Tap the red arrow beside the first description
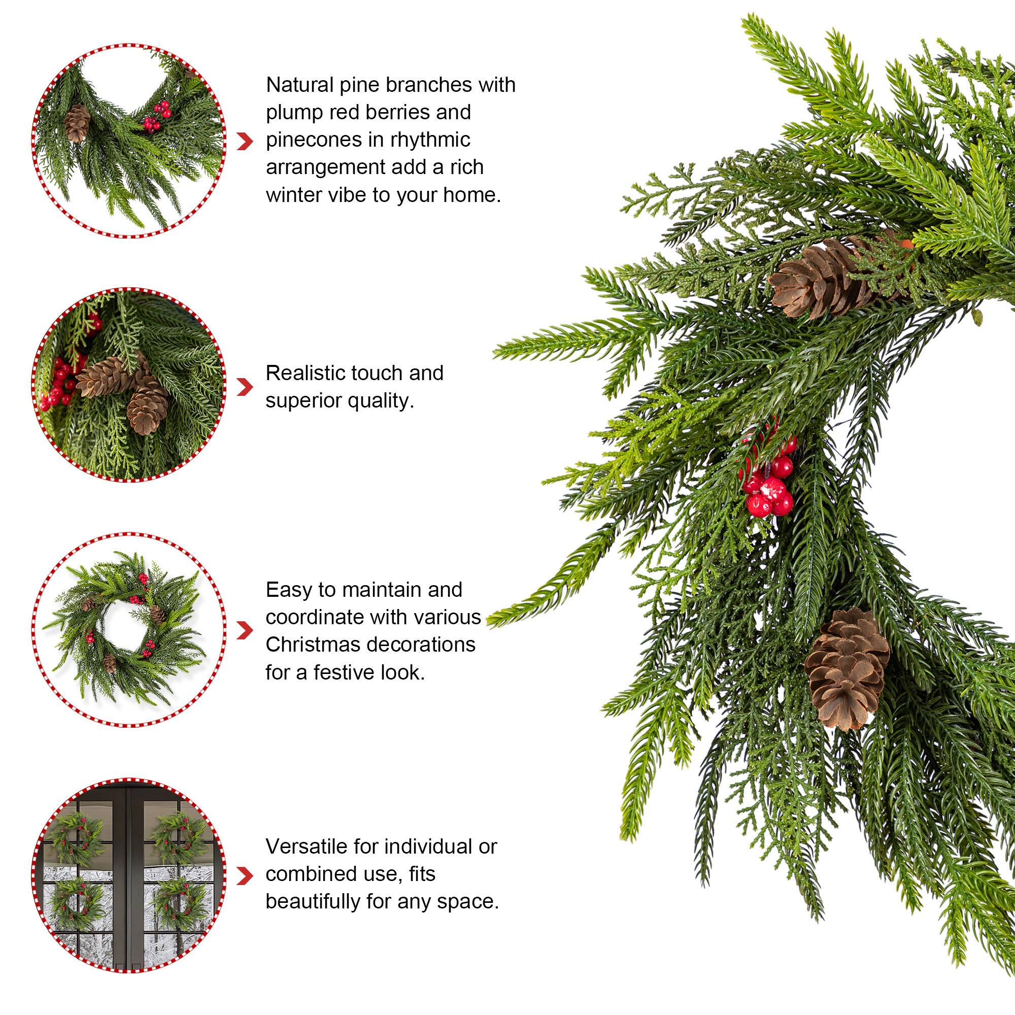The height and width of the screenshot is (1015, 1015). (x=244, y=141)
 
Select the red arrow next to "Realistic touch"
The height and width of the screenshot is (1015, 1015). (x=244, y=387)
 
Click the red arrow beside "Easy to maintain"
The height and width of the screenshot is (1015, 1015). (x=244, y=630)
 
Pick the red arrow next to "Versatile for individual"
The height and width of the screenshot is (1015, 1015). (x=244, y=875)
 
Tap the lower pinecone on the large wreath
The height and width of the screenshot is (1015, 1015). (x=847, y=668)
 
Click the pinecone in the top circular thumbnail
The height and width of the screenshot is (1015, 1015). (x=78, y=122)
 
